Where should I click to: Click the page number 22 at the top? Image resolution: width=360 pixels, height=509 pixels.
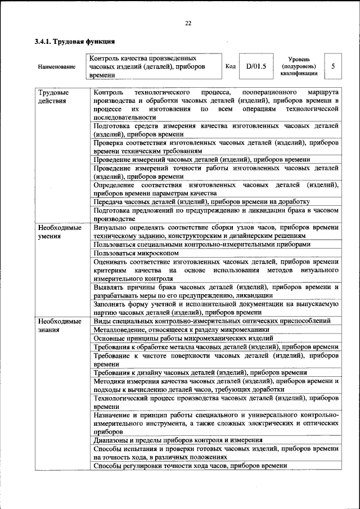[188, 22]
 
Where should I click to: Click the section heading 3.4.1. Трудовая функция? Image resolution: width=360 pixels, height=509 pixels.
[74, 42]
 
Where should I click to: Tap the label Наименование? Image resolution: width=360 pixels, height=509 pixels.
[56, 67]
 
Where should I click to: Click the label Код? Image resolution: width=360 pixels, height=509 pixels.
[230, 66]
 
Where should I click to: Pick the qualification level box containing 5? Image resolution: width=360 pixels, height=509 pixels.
[334, 66]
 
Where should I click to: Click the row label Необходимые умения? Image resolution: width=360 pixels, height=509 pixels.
[59, 232]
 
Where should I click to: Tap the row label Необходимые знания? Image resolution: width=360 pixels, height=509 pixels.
[59, 325]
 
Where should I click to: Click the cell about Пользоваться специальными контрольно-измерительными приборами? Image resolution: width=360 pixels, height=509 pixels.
[201, 245]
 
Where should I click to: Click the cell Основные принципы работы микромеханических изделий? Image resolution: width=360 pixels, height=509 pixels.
[183, 339]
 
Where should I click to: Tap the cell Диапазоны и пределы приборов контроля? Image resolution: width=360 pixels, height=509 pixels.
[178, 440]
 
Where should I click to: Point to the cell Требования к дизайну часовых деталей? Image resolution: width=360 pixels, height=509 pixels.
[200, 373]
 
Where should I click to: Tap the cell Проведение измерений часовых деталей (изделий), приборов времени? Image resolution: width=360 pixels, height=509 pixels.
[201, 160]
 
